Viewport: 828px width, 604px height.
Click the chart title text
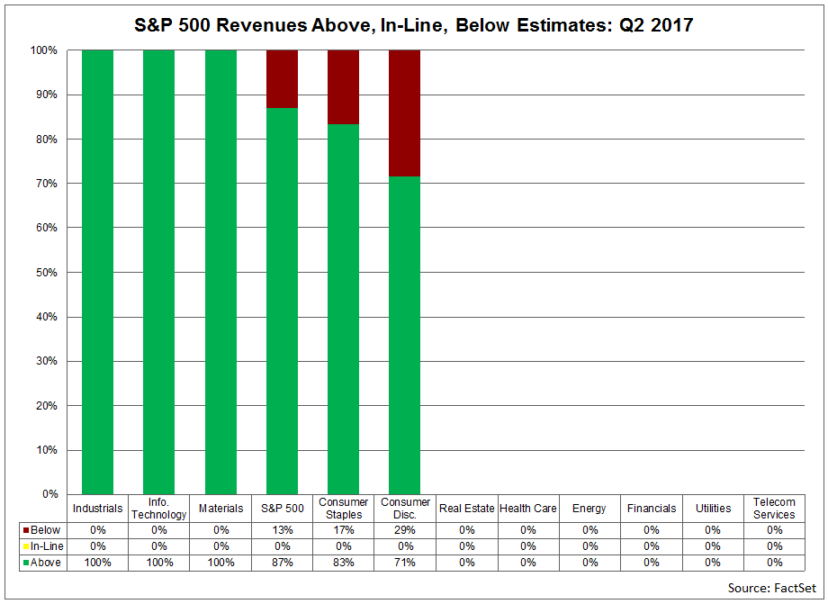tap(415, 24)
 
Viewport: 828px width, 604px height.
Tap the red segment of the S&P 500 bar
tap(282, 78)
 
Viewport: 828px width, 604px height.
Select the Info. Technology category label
tap(158, 509)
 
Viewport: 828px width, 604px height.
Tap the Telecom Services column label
tap(774, 509)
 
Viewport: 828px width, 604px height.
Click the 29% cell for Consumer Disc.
tap(405, 530)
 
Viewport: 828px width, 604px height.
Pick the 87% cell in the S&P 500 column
tap(282, 563)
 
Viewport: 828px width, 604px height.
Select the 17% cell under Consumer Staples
tap(343, 530)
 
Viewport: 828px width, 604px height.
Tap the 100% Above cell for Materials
tap(220, 563)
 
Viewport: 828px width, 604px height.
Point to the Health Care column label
tap(527, 509)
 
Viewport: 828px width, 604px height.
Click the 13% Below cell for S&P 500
tap(282, 530)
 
